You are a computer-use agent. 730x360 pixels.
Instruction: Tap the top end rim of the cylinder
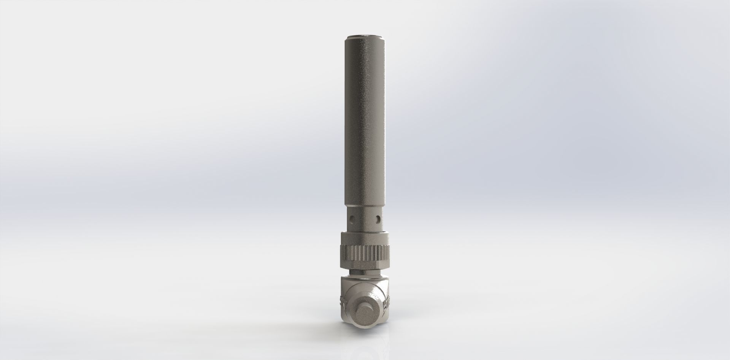[365, 37]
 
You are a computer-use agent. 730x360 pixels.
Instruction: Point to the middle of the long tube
[365, 122]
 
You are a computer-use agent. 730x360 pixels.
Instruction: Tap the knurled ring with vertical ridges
[365, 253]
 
